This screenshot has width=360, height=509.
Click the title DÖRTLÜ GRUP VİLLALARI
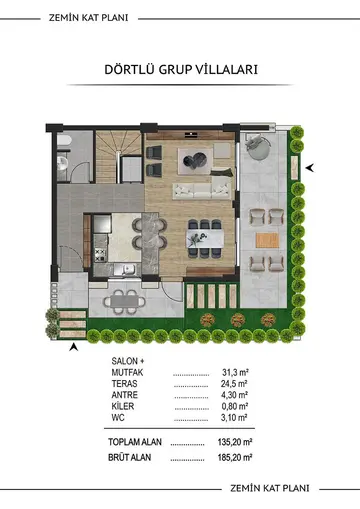point(181,70)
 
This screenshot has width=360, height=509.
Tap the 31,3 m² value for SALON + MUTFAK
point(235,372)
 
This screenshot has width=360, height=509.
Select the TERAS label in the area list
point(124,383)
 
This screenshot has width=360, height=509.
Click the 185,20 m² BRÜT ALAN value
point(235,457)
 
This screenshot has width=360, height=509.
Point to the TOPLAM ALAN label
point(135,442)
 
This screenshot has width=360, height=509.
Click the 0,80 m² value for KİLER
point(235,406)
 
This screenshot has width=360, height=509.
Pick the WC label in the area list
point(118,417)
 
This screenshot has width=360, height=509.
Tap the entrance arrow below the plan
point(74,347)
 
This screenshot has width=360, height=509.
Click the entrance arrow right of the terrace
point(310,168)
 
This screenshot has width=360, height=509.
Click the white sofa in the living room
point(202,191)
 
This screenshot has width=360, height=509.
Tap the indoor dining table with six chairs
point(205,238)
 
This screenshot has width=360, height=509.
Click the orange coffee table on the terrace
point(267,240)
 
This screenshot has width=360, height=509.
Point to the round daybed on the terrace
point(258,147)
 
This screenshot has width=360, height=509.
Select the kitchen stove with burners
point(100,255)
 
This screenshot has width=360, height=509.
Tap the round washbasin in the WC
point(62,163)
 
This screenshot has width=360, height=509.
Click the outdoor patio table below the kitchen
point(125,302)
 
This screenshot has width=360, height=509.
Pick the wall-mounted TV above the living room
point(191,134)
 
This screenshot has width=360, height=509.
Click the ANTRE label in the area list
point(124,395)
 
